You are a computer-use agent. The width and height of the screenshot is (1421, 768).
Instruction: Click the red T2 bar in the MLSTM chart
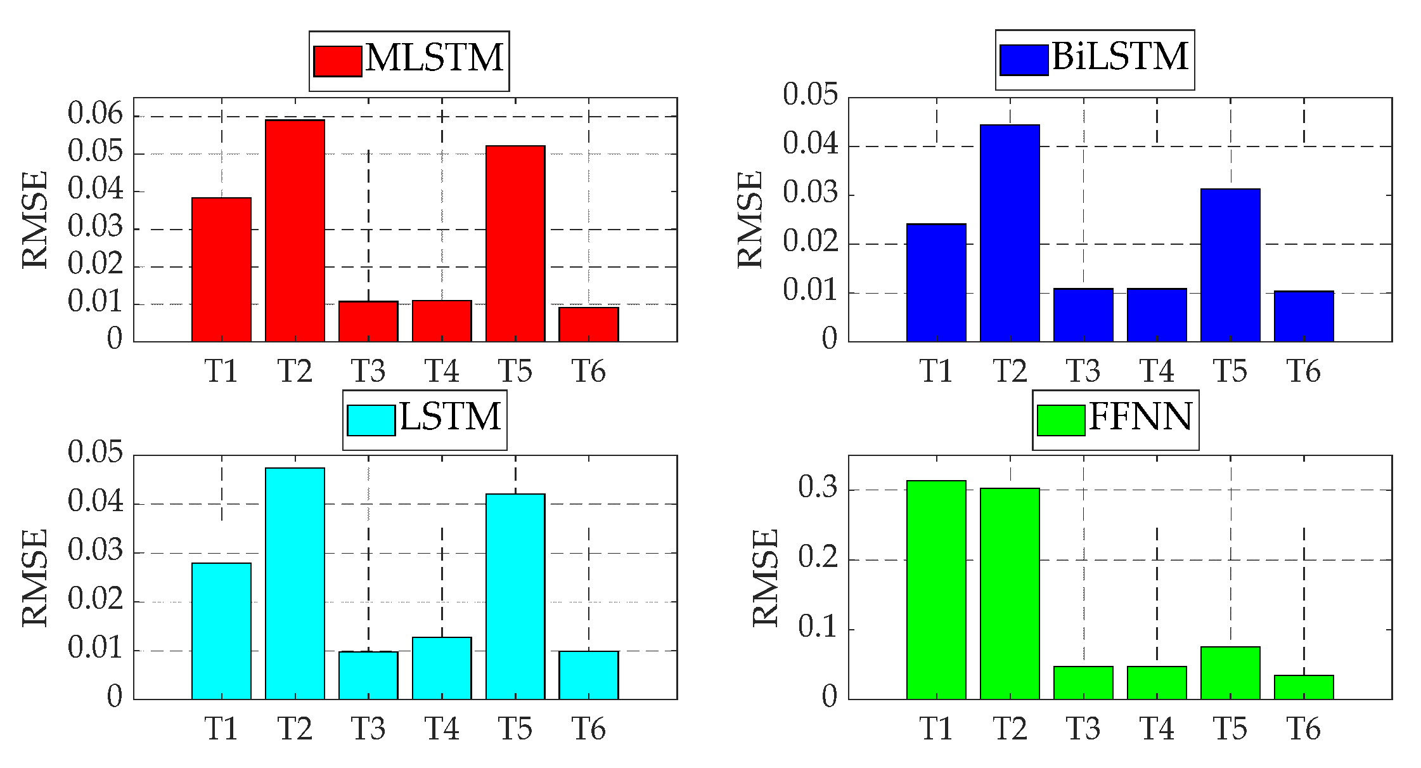coord(295,231)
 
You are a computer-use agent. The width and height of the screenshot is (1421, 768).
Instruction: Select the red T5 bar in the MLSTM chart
coord(515,244)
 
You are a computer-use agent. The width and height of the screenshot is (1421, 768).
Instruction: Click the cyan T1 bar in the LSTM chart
coord(221,631)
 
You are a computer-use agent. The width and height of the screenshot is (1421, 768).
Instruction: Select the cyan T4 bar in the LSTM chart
coord(442,668)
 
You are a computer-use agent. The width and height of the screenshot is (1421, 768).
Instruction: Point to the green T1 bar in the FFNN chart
coord(936,590)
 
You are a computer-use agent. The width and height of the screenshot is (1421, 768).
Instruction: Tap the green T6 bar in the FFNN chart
coord(1304,687)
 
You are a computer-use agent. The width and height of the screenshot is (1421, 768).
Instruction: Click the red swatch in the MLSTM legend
coord(337,61)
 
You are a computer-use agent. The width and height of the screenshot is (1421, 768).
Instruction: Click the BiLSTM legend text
coord(1120,57)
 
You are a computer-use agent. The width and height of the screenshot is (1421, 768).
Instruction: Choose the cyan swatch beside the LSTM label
coord(371,420)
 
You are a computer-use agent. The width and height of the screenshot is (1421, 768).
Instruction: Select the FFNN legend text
coord(1140,417)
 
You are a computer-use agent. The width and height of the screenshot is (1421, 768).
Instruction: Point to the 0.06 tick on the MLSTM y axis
coord(95,114)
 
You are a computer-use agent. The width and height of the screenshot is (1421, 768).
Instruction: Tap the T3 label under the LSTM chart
coord(368,729)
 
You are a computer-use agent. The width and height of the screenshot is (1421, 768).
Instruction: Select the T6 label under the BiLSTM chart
coord(1304,371)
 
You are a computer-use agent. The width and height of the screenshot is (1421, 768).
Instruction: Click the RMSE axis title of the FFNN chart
coord(765,578)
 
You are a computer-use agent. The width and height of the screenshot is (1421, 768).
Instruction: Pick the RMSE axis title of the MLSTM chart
coord(35,219)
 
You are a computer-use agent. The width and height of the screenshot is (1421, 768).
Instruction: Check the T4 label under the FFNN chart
coord(1157,729)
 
